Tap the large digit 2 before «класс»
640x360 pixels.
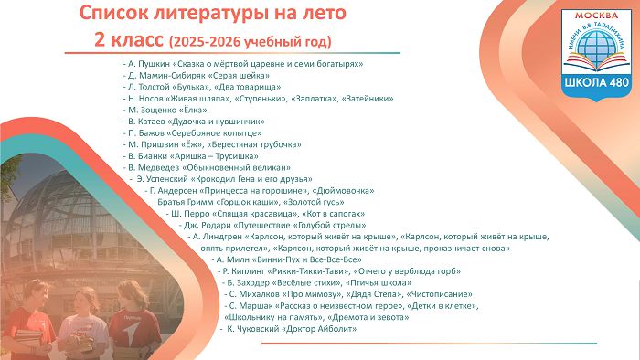pos(99,40)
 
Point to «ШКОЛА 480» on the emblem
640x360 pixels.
pos(596,82)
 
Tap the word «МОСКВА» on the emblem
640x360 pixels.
pos(596,16)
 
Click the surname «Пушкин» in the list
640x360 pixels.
pos(154,64)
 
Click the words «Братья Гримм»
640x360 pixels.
pos(186,202)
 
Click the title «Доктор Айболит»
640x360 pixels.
pos(319,329)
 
